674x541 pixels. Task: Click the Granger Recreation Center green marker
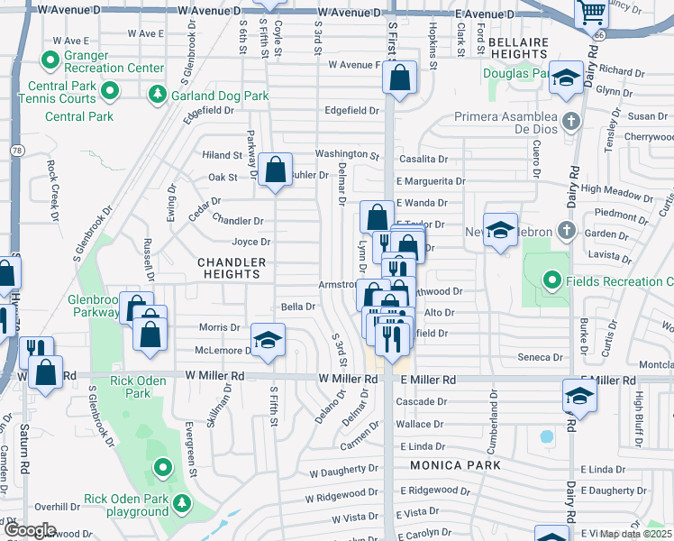51,60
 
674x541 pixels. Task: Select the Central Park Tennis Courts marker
111,90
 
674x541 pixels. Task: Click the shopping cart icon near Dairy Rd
591,14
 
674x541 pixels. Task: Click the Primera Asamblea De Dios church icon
569,121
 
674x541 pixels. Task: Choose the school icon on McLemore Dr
268,340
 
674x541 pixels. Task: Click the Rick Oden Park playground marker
181,501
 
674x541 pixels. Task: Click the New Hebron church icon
565,230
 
